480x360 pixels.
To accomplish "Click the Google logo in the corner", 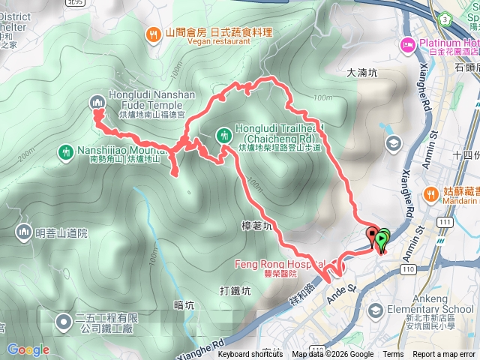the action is click(x=28, y=349).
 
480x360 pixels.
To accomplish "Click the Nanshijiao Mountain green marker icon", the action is click(x=66, y=152).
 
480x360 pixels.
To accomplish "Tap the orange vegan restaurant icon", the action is click(x=154, y=34).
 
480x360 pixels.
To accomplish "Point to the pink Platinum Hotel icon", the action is click(x=409, y=44).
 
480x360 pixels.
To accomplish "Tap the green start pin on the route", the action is click(x=383, y=240).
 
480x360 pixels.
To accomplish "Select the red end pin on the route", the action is click(x=373, y=237).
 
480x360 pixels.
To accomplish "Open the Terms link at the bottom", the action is click(x=393, y=355).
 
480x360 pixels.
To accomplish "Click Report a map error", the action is click(x=445, y=355).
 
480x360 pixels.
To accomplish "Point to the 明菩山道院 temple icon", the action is click(x=22, y=232).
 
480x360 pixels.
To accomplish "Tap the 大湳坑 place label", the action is click(x=365, y=73).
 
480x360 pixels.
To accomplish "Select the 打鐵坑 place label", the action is click(x=235, y=290).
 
